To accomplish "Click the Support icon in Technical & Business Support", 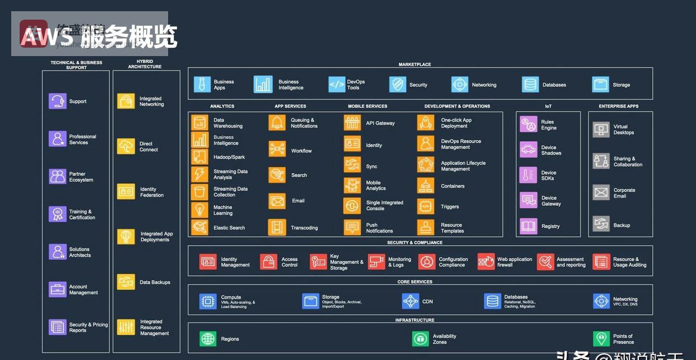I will [57, 101].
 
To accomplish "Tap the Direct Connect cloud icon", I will [126, 146].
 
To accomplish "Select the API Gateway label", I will [380, 123].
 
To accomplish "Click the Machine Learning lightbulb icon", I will [199, 210].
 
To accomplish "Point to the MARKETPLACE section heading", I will [415, 64].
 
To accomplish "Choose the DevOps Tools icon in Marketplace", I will [337, 85].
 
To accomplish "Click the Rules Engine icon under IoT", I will [528, 124].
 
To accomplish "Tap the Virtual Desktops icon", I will [601, 130].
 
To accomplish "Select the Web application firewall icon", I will [486, 262].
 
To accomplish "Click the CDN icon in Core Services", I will [410, 301].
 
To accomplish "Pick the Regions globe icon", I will [208, 339].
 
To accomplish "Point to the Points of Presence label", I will [623, 339].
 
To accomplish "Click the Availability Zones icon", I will [420, 339].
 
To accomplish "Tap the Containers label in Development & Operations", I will [452, 186].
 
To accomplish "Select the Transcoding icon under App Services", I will [277, 228].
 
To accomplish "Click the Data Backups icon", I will [126, 282].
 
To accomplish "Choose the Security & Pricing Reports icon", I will [57, 327].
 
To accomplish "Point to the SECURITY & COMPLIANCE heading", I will [415, 243].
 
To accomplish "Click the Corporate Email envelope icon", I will [601, 193].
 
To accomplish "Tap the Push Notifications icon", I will [352, 228].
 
